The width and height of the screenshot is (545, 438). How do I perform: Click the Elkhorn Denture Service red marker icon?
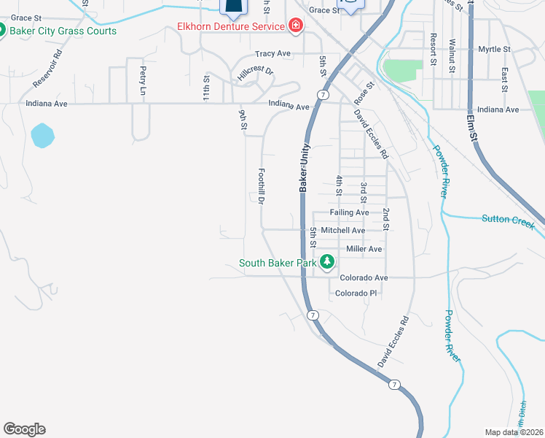(x=296, y=27)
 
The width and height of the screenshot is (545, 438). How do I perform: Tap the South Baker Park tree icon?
(x=328, y=261)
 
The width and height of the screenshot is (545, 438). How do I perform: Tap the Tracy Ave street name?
(x=272, y=54)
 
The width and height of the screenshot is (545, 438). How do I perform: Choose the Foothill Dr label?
(x=260, y=187)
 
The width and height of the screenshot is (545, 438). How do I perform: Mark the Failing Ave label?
(x=349, y=212)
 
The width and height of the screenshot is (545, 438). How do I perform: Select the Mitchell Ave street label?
(x=342, y=230)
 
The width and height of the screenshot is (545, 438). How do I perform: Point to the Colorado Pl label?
(x=356, y=293)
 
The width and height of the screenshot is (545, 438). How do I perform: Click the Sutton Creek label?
(x=507, y=219)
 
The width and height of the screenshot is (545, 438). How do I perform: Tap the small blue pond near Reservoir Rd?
(x=42, y=135)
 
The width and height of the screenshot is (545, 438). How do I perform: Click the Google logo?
(x=24, y=429)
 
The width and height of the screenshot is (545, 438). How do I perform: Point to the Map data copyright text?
(x=514, y=432)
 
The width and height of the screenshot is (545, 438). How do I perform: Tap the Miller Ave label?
(x=364, y=249)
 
